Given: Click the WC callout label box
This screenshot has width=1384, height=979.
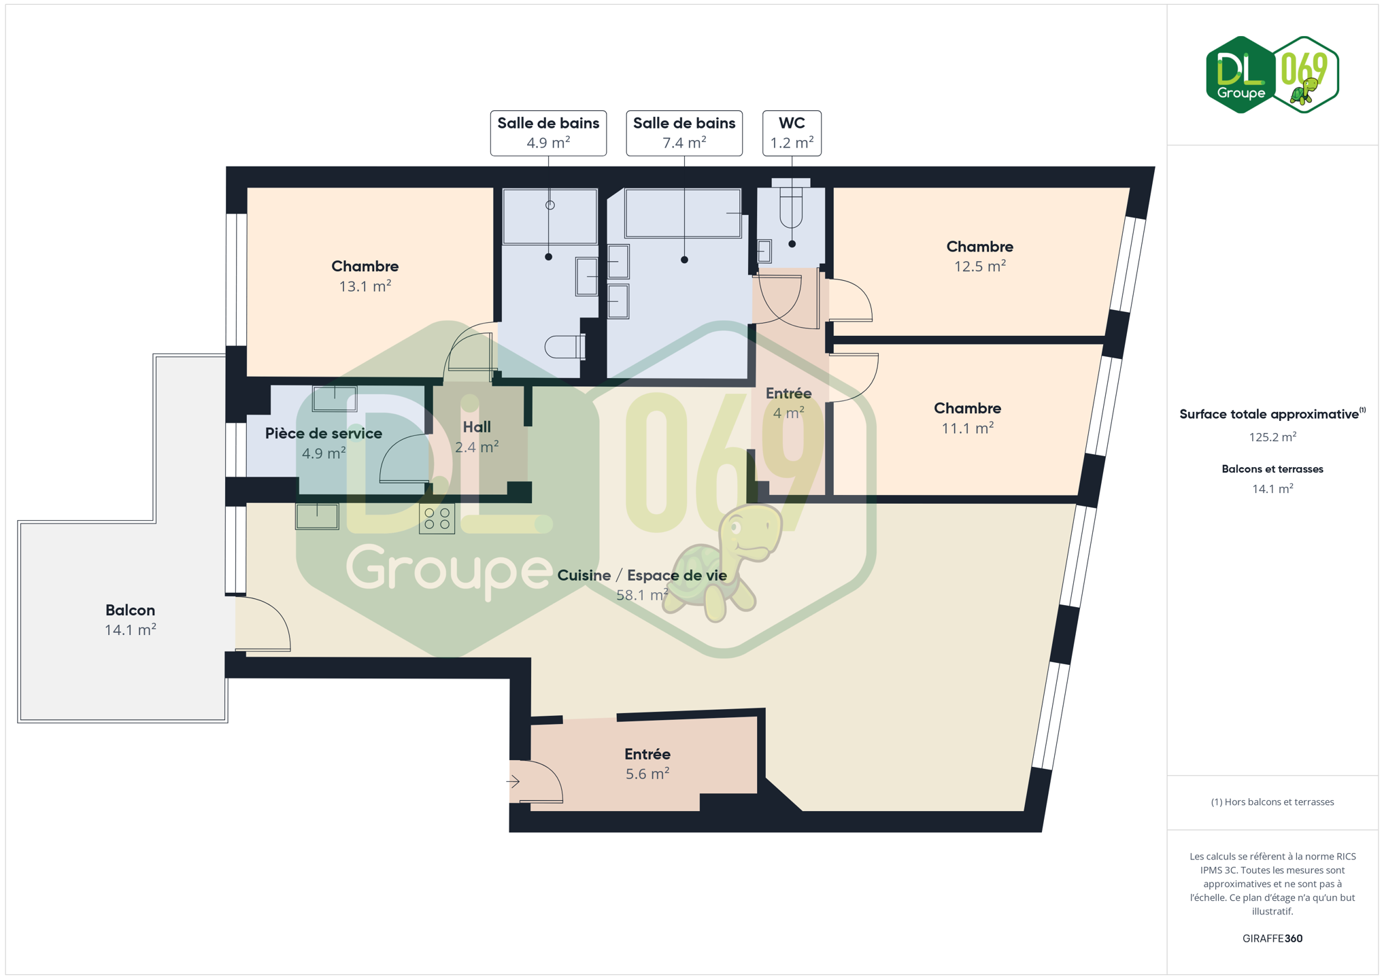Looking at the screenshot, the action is click(x=792, y=133).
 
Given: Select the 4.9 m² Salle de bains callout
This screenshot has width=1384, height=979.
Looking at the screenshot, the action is click(x=548, y=133).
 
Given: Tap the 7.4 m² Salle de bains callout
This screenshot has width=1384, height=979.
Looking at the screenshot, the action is click(x=684, y=133).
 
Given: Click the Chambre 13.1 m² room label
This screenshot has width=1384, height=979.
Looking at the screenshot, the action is click(x=365, y=276).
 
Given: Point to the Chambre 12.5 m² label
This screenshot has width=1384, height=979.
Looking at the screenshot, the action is click(x=979, y=256).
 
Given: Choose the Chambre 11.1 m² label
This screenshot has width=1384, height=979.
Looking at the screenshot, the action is click(x=967, y=418).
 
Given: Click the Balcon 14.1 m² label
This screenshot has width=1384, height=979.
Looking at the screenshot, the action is click(x=130, y=620).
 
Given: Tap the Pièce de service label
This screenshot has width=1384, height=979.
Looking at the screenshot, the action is click(x=324, y=434).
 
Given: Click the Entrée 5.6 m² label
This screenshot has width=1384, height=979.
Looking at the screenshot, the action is click(x=647, y=763).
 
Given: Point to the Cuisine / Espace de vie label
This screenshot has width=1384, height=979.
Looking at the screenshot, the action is click(x=642, y=576).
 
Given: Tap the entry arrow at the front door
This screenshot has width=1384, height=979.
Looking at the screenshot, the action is click(x=513, y=782).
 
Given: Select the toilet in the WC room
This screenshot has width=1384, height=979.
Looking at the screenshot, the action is click(x=791, y=205).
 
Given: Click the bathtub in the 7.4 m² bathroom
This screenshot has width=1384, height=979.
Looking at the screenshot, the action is click(x=683, y=213).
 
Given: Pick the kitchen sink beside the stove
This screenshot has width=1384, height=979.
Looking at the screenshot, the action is click(x=317, y=516).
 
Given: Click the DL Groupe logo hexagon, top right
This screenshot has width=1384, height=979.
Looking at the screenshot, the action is click(x=1240, y=75).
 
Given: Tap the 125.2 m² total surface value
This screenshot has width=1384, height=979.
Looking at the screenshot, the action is click(x=1272, y=437).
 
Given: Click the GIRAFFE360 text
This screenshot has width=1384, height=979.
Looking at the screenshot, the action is click(x=1272, y=939).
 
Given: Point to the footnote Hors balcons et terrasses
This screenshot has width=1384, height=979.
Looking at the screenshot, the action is click(x=1272, y=802).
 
